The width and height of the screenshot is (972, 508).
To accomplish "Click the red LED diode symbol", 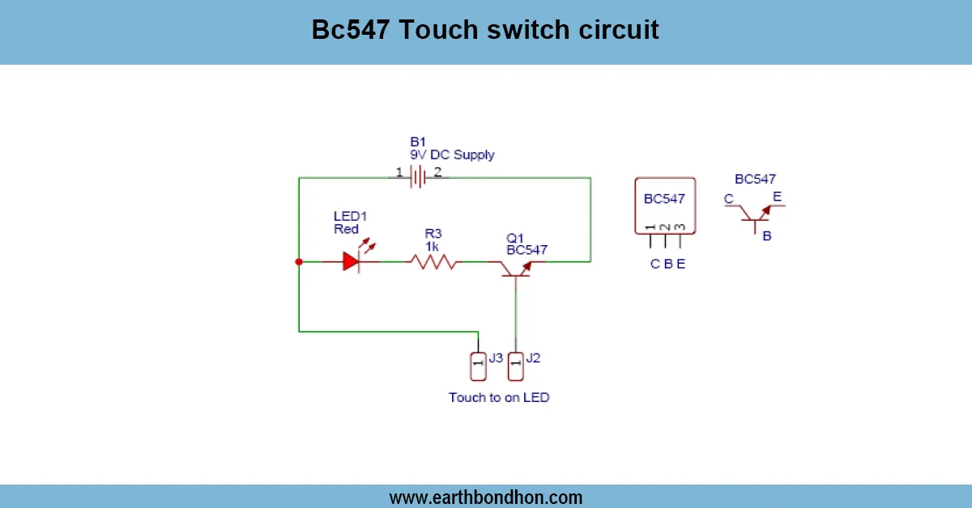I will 350,261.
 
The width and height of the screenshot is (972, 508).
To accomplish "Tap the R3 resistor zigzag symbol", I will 433,261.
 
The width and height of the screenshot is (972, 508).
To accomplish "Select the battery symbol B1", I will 418,176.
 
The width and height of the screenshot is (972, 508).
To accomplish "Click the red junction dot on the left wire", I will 299,261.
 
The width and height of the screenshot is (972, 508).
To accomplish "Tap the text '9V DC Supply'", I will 452,155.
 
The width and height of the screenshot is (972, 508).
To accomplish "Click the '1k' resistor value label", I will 432,245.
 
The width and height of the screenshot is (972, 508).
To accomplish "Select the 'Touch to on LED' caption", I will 499,397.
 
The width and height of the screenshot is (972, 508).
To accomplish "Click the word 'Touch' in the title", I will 438,31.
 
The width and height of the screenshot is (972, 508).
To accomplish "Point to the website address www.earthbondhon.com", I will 486,497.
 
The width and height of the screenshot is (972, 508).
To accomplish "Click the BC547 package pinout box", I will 664,205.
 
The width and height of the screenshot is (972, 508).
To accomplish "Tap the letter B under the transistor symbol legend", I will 766,236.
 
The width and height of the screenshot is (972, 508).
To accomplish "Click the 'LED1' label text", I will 350,216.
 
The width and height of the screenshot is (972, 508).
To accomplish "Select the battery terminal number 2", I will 437,171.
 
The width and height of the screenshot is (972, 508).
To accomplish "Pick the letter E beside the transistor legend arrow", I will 778,196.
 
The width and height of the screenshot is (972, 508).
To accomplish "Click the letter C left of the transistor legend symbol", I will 728,199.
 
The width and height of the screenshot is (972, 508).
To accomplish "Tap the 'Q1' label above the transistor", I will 515,238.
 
